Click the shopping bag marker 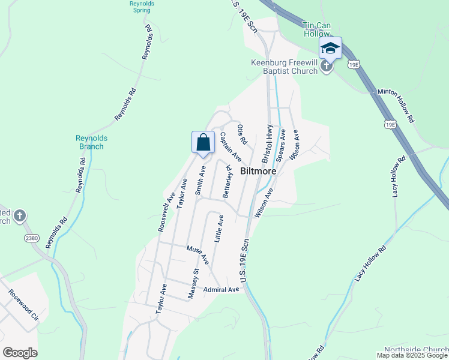203,143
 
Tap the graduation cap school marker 330,48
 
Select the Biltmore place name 258,171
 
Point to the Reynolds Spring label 142,7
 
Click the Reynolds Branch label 91,142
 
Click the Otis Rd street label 242,134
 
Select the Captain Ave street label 230,147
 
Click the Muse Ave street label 197,255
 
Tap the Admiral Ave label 221,290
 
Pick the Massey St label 193,284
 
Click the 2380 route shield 32,238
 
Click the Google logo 20,353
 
